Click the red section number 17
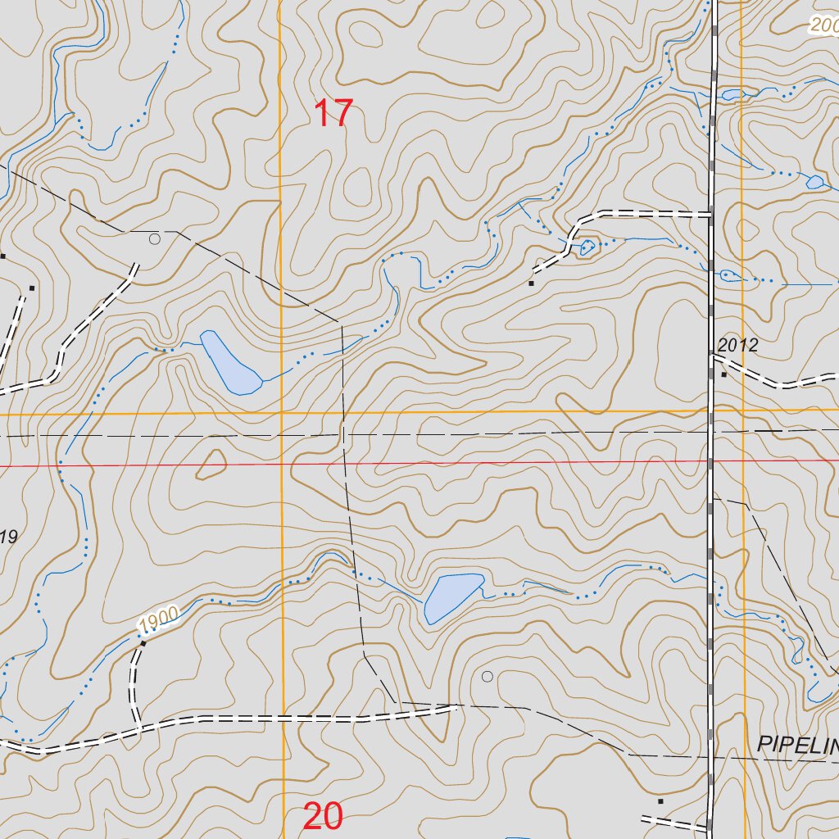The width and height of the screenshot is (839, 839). [x=333, y=113]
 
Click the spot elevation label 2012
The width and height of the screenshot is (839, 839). [x=737, y=345]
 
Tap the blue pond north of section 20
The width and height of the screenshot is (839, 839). [x=453, y=596]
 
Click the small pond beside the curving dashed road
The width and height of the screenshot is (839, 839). [x=588, y=246]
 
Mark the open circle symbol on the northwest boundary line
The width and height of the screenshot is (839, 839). [x=155, y=239]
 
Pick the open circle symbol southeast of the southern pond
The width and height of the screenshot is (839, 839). [x=487, y=676]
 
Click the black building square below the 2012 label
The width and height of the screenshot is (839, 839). [x=723, y=374]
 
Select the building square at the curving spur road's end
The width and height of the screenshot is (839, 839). [x=531, y=283]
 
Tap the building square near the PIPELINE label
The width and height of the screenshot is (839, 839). [x=660, y=800]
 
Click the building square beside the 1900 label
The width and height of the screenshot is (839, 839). [x=143, y=644]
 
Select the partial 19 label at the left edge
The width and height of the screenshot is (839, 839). [x=8, y=537]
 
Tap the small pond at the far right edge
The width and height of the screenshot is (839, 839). [x=814, y=182]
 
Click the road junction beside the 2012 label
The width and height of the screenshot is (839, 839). [x=711, y=356]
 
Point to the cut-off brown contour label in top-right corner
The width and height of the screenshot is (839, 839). [x=825, y=26]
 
